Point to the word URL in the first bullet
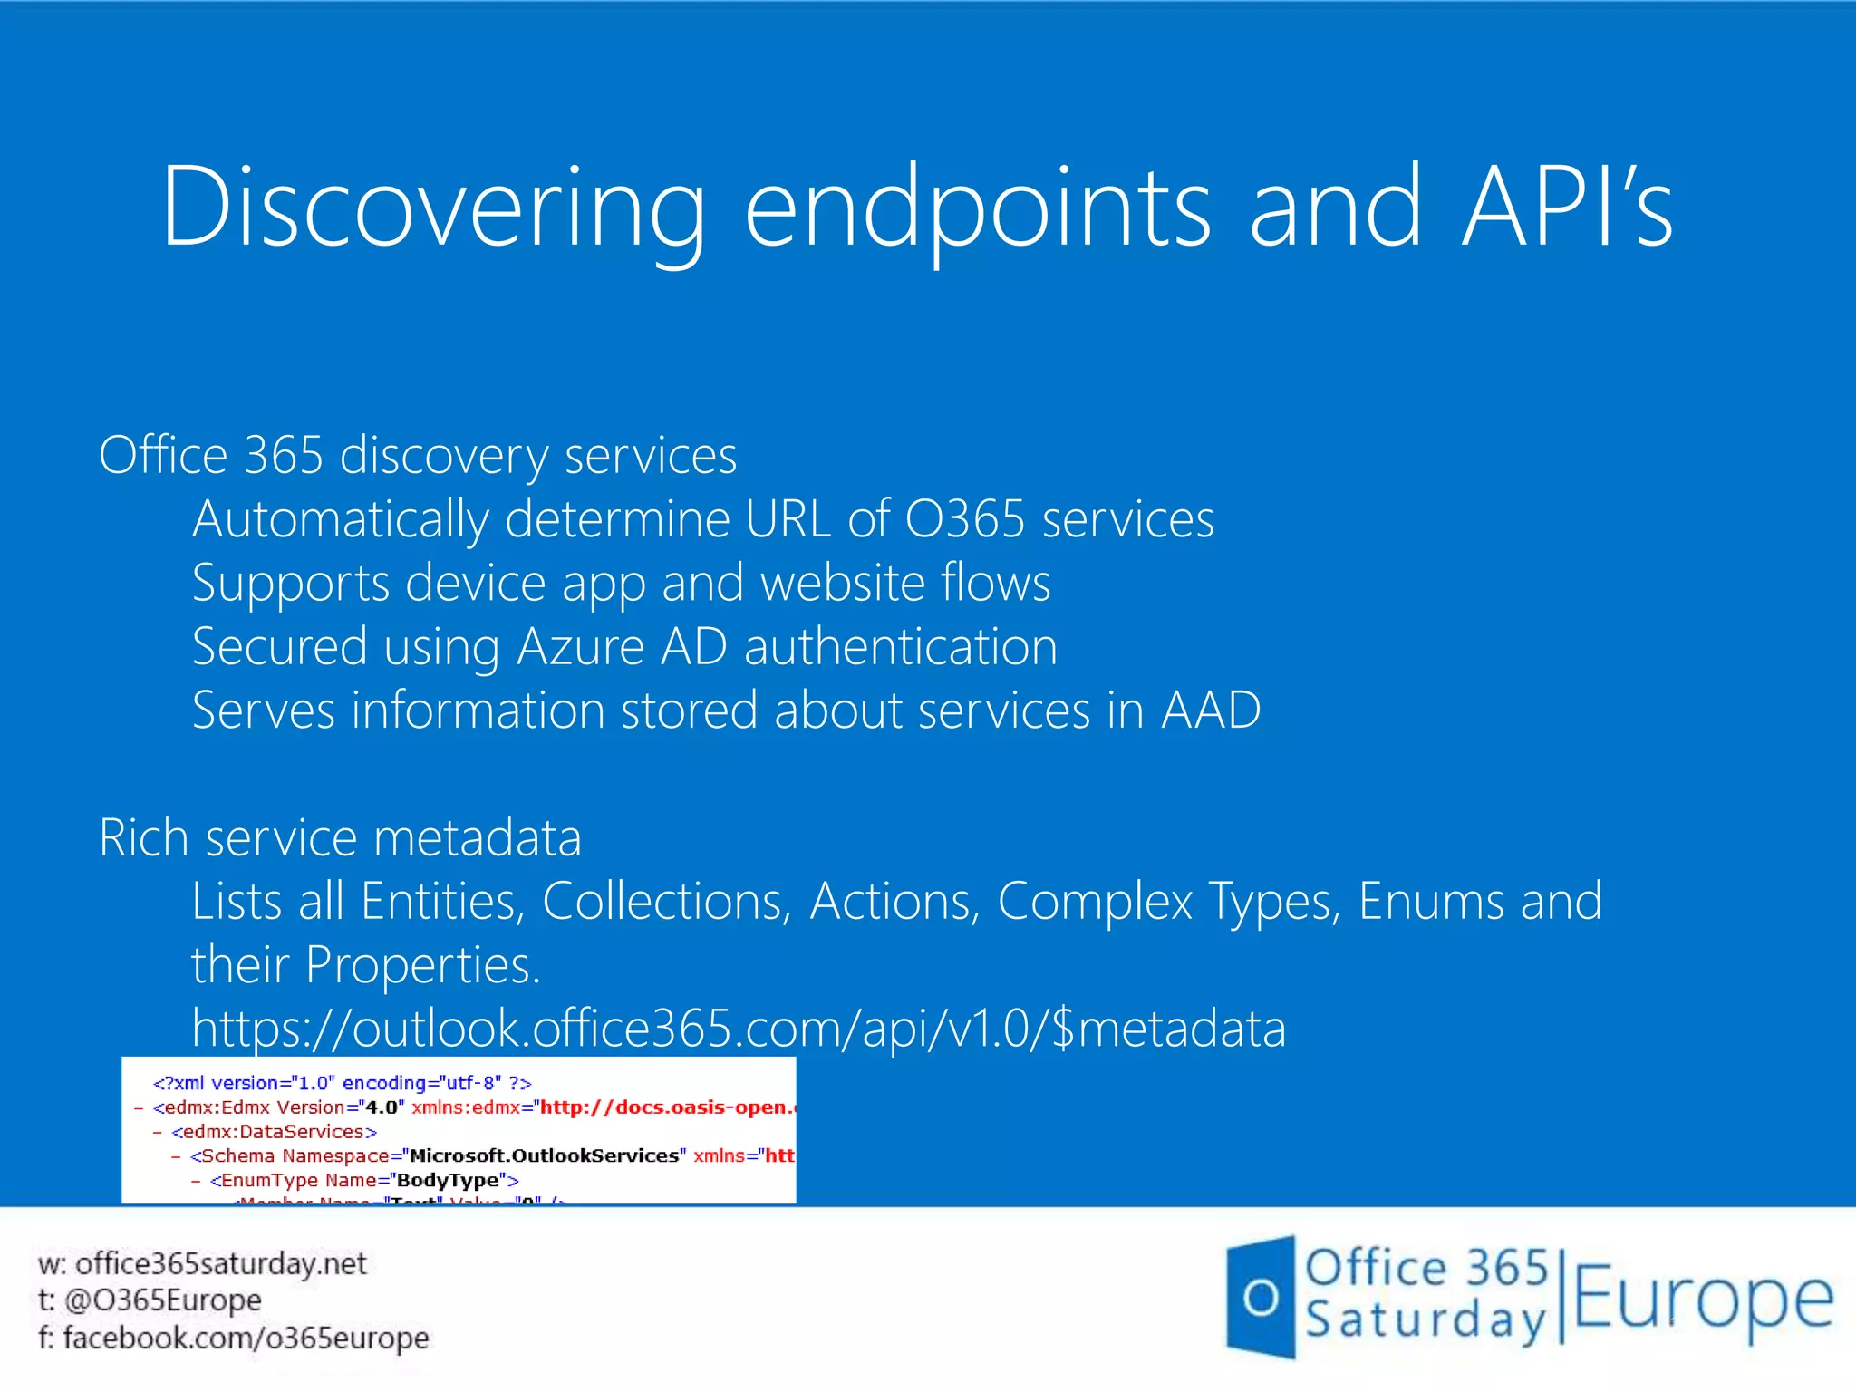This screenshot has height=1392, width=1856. [788, 519]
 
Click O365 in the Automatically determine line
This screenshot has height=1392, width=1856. [964, 519]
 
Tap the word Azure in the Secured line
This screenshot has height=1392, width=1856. [580, 647]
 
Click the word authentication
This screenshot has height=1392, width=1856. [900, 647]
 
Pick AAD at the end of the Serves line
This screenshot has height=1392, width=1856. [1211, 710]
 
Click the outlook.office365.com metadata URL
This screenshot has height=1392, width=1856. [739, 1029]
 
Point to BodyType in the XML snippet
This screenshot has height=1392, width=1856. [448, 1181]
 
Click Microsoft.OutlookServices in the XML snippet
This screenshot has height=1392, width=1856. [544, 1156]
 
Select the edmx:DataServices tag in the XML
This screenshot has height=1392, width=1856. [274, 1132]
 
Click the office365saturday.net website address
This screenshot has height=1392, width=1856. [220, 1263]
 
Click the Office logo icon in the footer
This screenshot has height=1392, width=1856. [1261, 1297]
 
